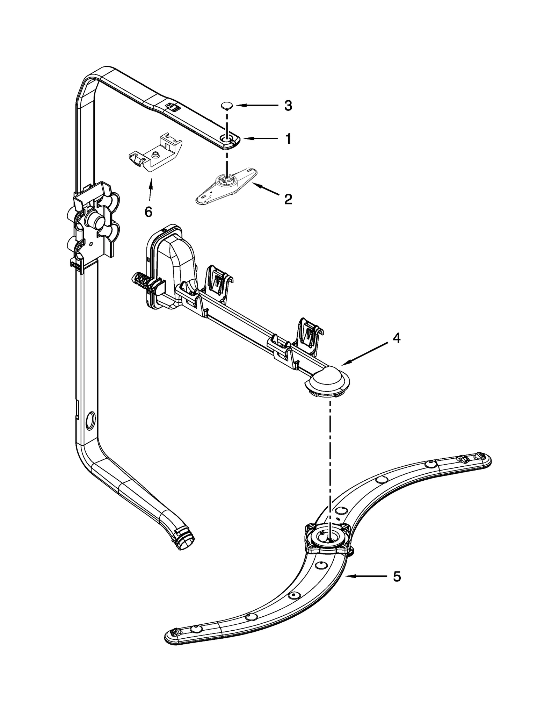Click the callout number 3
288,106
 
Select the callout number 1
288,139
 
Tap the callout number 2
288,199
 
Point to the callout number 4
396,338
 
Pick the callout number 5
397,576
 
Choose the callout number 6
148,212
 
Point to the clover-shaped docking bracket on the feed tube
94,224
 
